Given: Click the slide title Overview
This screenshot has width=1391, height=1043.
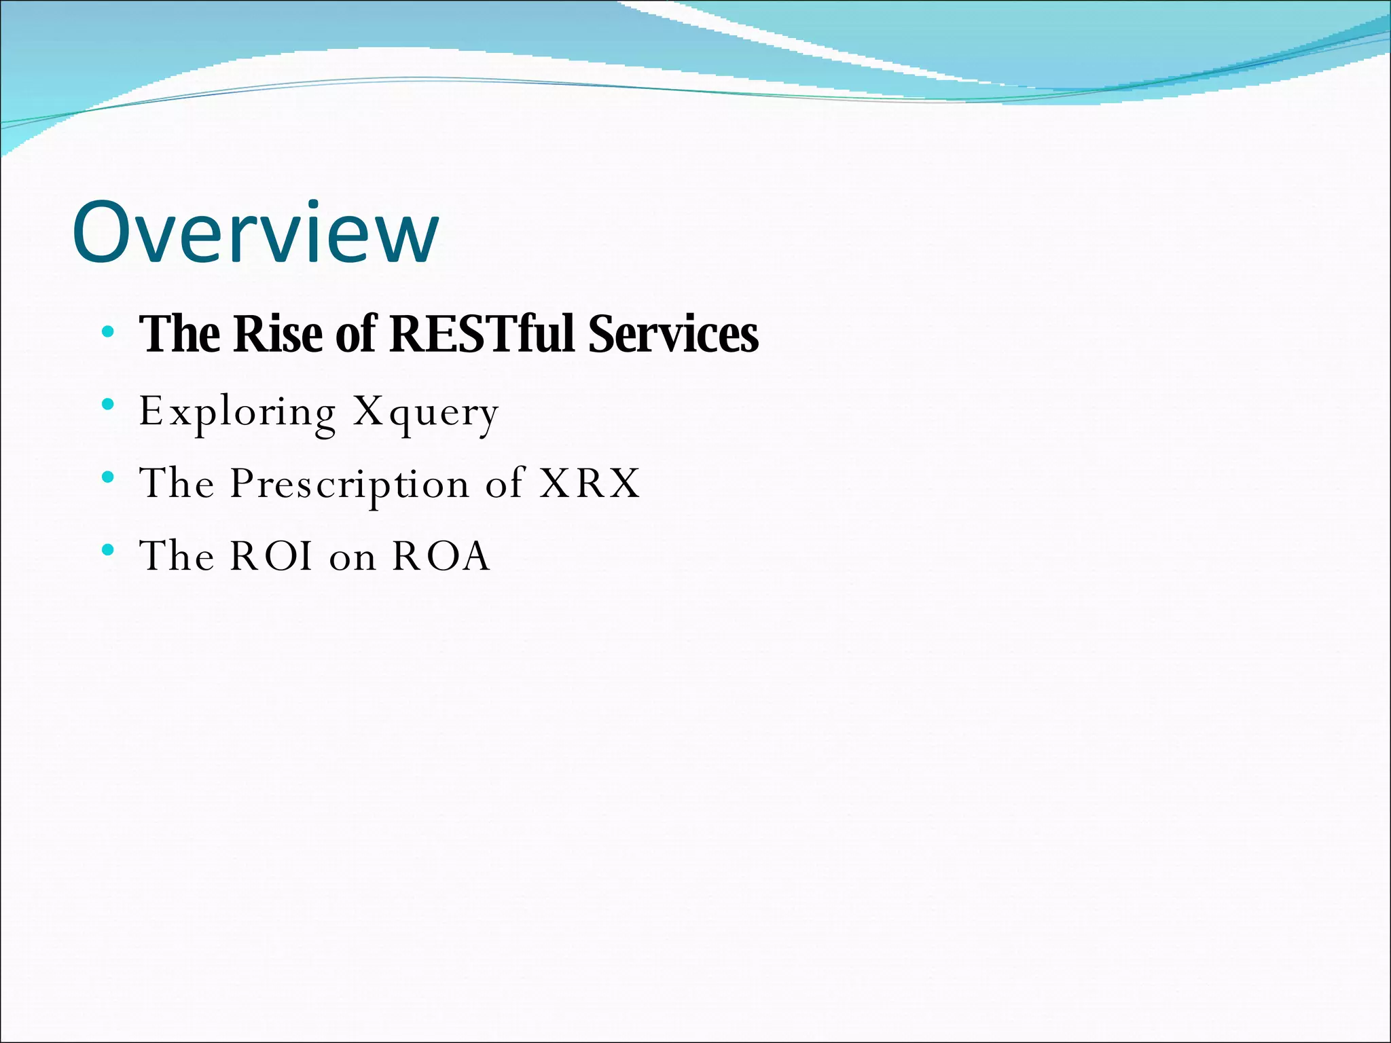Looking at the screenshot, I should point(255,232).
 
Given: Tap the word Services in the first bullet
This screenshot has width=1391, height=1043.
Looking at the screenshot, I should point(673,334).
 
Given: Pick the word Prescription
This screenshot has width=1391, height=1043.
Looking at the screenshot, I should point(349,484).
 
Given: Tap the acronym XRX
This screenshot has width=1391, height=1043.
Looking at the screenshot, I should point(590,483).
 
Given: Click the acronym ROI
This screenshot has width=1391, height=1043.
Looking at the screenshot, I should point(272,556).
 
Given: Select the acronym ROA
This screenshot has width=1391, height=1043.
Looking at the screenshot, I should point(441,556).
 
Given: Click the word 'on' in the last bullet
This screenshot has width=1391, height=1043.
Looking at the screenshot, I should point(353,558).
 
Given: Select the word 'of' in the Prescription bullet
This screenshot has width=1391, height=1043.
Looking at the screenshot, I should point(505,483).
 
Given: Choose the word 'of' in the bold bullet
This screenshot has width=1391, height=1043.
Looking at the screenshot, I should point(355,334).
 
